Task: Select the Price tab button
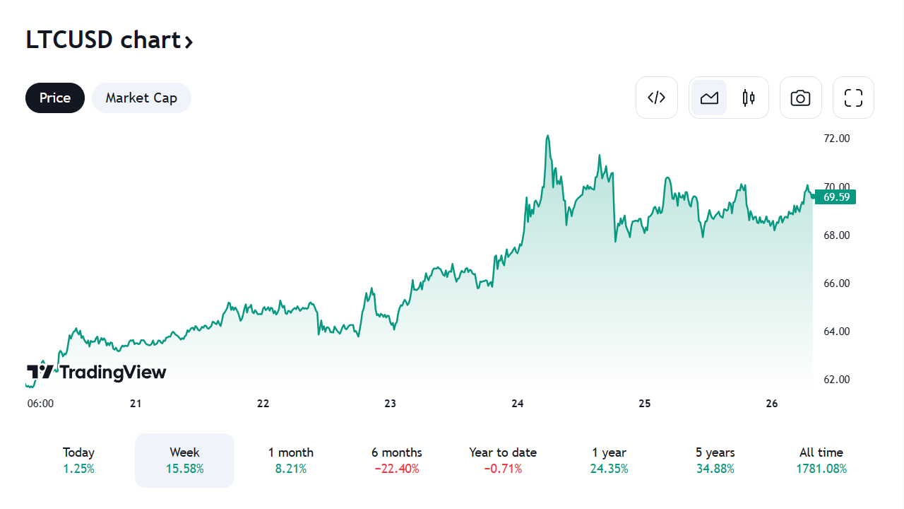[x=55, y=98]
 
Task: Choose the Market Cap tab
[x=141, y=98]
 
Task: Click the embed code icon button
[x=657, y=98]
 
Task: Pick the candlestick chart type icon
[x=749, y=98]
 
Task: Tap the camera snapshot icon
[x=800, y=98]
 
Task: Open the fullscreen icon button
[x=853, y=98]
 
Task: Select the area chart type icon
[x=709, y=98]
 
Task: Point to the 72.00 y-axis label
[x=836, y=139]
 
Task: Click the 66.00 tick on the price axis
[x=836, y=283]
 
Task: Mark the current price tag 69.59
[x=836, y=197]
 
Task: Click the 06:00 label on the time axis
[x=40, y=404]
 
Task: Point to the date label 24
[x=518, y=404]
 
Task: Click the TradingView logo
[x=97, y=372]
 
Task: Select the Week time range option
[x=184, y=460]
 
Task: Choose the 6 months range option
[x=397, y=460]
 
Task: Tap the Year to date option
[x=503, y=460]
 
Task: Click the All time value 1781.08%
[x=821, y=469]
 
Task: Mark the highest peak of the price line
[x=547, y=136]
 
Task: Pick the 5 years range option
[x=715, y=460]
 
